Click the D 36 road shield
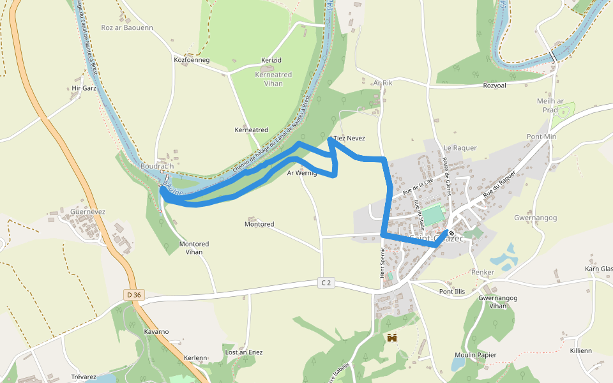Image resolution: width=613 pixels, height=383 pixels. (133, 294)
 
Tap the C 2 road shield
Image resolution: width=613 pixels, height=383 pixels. (327, 282)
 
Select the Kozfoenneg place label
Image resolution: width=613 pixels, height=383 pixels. (192, 60)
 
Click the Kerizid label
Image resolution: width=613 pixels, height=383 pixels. (271, 60)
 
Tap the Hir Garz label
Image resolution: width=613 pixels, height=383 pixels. (84, 88)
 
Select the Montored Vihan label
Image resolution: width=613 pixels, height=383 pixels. (194, 248)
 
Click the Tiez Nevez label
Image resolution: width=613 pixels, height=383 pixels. (349, 138)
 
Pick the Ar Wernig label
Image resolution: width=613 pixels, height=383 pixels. (302, 172)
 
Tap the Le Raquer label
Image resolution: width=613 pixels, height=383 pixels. (460, 147)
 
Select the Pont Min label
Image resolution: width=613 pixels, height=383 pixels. (541, 137)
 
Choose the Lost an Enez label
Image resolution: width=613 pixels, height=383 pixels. (244, 352)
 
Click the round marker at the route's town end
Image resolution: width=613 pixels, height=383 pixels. (451, 233)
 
